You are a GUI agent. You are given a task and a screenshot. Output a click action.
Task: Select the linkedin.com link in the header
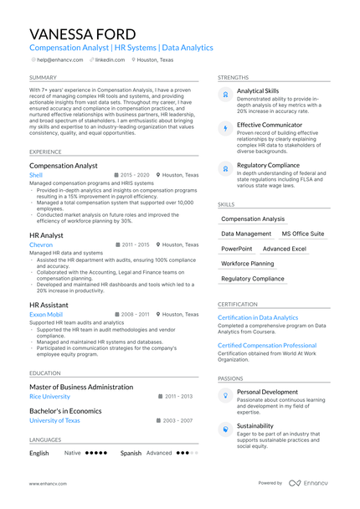tap(116, 60)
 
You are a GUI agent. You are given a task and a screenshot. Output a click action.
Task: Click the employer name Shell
tap(36, 175)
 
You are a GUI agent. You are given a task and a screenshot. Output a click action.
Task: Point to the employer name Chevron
tap(41, 244)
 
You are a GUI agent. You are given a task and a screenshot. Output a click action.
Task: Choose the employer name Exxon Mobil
tap(45, 314)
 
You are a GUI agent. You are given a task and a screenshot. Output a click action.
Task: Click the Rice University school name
tap(49, 396)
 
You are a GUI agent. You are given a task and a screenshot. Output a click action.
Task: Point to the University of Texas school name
tap(54, 420)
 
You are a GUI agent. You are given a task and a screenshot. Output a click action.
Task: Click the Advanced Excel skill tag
tap(285, 249)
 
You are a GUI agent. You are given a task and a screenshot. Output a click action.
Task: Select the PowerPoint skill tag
tap(237, 249)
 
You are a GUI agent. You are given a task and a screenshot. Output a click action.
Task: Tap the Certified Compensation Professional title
tap(267, 345)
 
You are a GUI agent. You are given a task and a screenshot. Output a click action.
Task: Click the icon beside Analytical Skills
tap(225, 95)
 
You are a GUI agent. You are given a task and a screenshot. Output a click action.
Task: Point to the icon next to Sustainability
tap(225, 429)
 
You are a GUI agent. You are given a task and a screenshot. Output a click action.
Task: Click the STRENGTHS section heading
tap(234, 77)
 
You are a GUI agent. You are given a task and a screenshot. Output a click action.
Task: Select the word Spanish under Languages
tap(131, 453)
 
